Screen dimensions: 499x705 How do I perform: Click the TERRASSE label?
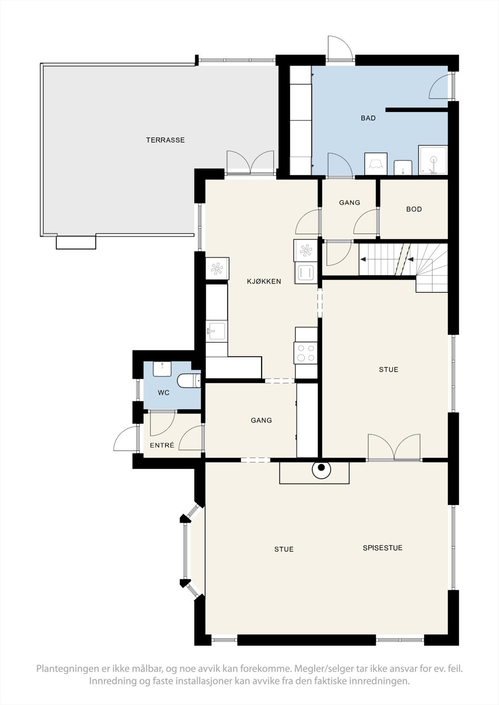point(165,140)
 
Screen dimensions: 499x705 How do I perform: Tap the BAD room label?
point(368,119)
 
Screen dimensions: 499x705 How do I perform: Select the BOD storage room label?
point(414,209)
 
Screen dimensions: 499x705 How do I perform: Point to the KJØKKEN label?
point(264,282)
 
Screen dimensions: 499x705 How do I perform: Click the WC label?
point(164,393)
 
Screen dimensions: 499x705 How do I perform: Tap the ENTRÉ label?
point(162,445)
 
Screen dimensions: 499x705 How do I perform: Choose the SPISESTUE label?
point(383,548)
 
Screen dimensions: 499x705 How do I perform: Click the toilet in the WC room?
point(189,381)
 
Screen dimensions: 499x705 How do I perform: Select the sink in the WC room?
point(162,368)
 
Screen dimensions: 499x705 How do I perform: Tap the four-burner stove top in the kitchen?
point(306,353)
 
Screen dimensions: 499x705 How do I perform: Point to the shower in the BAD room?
point(433,160)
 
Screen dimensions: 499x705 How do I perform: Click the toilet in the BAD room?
point(403,167)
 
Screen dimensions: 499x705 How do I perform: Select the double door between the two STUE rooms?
point(394,448)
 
